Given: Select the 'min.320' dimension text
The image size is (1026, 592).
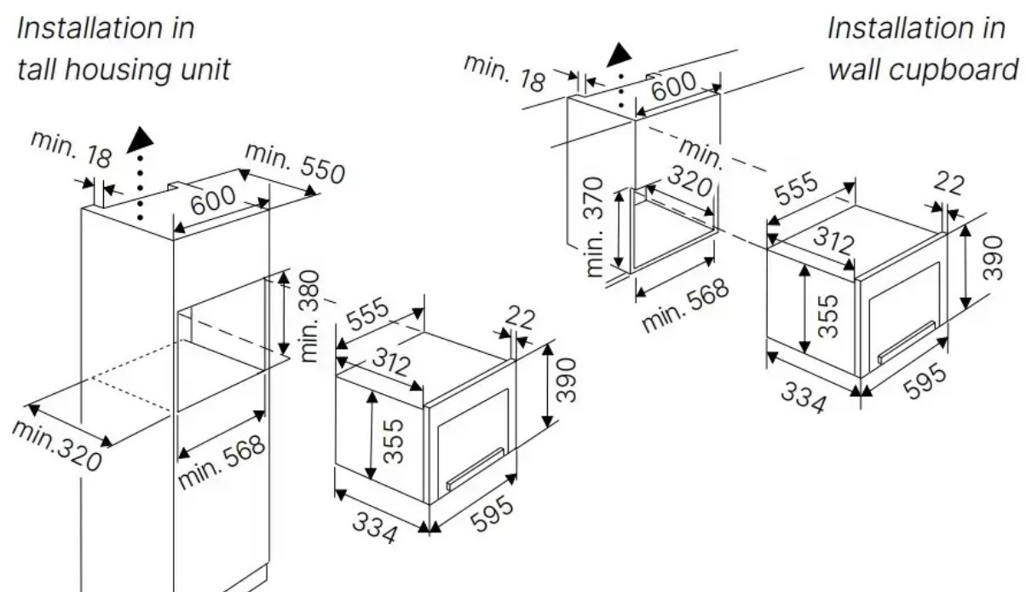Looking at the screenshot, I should point(56,445).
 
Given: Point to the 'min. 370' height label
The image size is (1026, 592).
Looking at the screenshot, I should point(595,226).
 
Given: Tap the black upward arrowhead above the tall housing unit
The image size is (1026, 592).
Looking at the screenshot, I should point(140,141).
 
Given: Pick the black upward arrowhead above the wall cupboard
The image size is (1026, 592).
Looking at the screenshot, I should point(620,55).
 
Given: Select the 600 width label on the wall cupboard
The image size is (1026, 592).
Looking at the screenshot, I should point(674,86).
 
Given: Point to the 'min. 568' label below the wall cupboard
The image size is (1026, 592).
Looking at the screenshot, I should point(686,305).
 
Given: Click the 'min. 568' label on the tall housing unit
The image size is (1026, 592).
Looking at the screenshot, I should point(222,463).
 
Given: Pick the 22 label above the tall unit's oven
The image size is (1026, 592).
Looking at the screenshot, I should point(519,318).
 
